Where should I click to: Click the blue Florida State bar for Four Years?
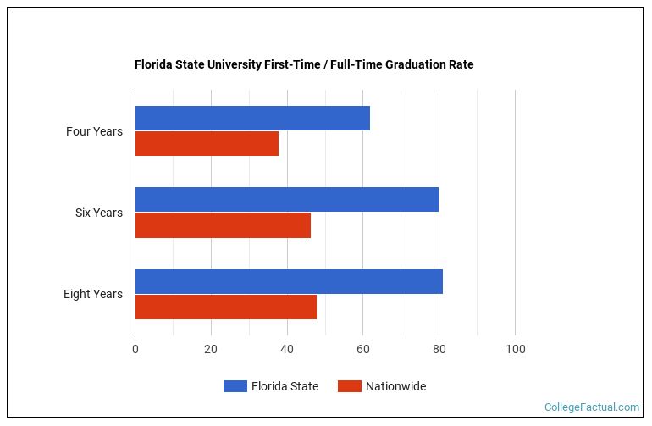(252, 119)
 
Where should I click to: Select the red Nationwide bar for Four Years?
(207, 144)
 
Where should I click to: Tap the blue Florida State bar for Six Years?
(286, 199)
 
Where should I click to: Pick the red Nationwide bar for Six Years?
(223, 225)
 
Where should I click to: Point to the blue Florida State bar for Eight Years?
(289, 281)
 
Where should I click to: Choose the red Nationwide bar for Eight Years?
(225, 307)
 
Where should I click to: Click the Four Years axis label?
(94, 131)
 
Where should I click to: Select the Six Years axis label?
(98, 213)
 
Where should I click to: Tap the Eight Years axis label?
(92, 294)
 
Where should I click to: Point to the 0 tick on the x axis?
(135, 349)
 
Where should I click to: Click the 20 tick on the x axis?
(211, 349)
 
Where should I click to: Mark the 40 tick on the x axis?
(287, 349)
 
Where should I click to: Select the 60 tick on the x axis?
(362, 349)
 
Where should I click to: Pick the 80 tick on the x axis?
(439, 349)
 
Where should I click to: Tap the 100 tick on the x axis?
(515, 349)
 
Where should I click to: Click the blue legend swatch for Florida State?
(235, 386)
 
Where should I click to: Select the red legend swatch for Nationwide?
(349, 386)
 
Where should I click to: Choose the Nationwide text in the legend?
(395, 386)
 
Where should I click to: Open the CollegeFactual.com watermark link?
(591, 407)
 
